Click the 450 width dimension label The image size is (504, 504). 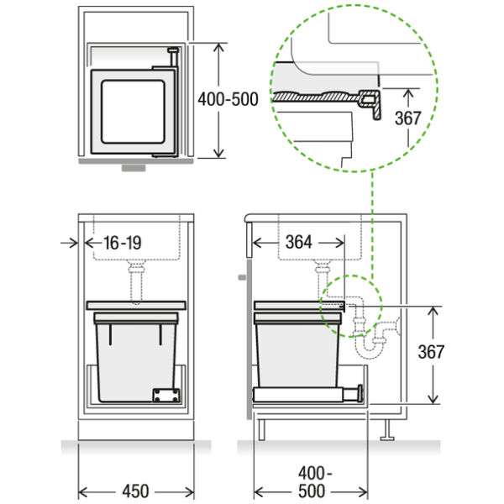pos(135,491)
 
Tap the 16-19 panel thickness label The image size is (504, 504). pos(123,243)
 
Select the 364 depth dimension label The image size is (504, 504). pos(299,243)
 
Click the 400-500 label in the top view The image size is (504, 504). pos(228,99)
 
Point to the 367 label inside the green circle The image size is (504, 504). pos(407,118)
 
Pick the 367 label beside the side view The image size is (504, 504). pos(431,352)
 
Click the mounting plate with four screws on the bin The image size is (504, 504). pos(165,395)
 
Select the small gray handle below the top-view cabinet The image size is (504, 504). pos(134,168)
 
